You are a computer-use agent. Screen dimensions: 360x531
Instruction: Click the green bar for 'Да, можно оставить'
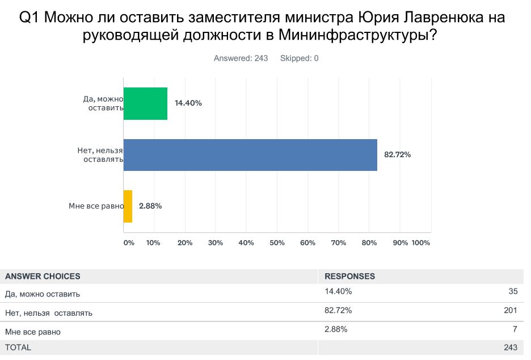145,103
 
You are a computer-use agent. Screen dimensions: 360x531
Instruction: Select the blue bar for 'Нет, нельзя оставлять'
250,154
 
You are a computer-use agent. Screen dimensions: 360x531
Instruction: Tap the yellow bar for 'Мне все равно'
128,206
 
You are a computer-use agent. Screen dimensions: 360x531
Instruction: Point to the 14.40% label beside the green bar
188,103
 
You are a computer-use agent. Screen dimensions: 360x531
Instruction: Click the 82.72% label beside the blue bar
397,154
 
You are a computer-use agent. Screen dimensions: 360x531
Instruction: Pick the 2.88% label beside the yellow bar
150,206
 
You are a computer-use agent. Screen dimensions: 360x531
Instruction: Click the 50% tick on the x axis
277,242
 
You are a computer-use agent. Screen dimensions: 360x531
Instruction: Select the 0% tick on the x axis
129,242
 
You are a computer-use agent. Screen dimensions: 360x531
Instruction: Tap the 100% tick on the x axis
420,242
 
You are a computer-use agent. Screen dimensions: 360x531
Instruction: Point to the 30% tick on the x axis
216,242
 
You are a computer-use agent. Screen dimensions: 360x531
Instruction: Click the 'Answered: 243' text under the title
241,58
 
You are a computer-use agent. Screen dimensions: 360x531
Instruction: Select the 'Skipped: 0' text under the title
299,58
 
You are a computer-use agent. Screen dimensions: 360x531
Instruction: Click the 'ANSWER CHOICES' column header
43,277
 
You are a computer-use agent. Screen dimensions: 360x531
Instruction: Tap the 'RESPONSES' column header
349,277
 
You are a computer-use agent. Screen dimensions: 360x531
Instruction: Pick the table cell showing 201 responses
510,310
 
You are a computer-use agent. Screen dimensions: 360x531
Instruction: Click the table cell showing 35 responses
512,292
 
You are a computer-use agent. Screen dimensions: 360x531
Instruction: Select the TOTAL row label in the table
18,347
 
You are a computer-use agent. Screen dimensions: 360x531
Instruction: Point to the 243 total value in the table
510,347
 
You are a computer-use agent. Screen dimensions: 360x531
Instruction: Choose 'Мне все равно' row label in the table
32,332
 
